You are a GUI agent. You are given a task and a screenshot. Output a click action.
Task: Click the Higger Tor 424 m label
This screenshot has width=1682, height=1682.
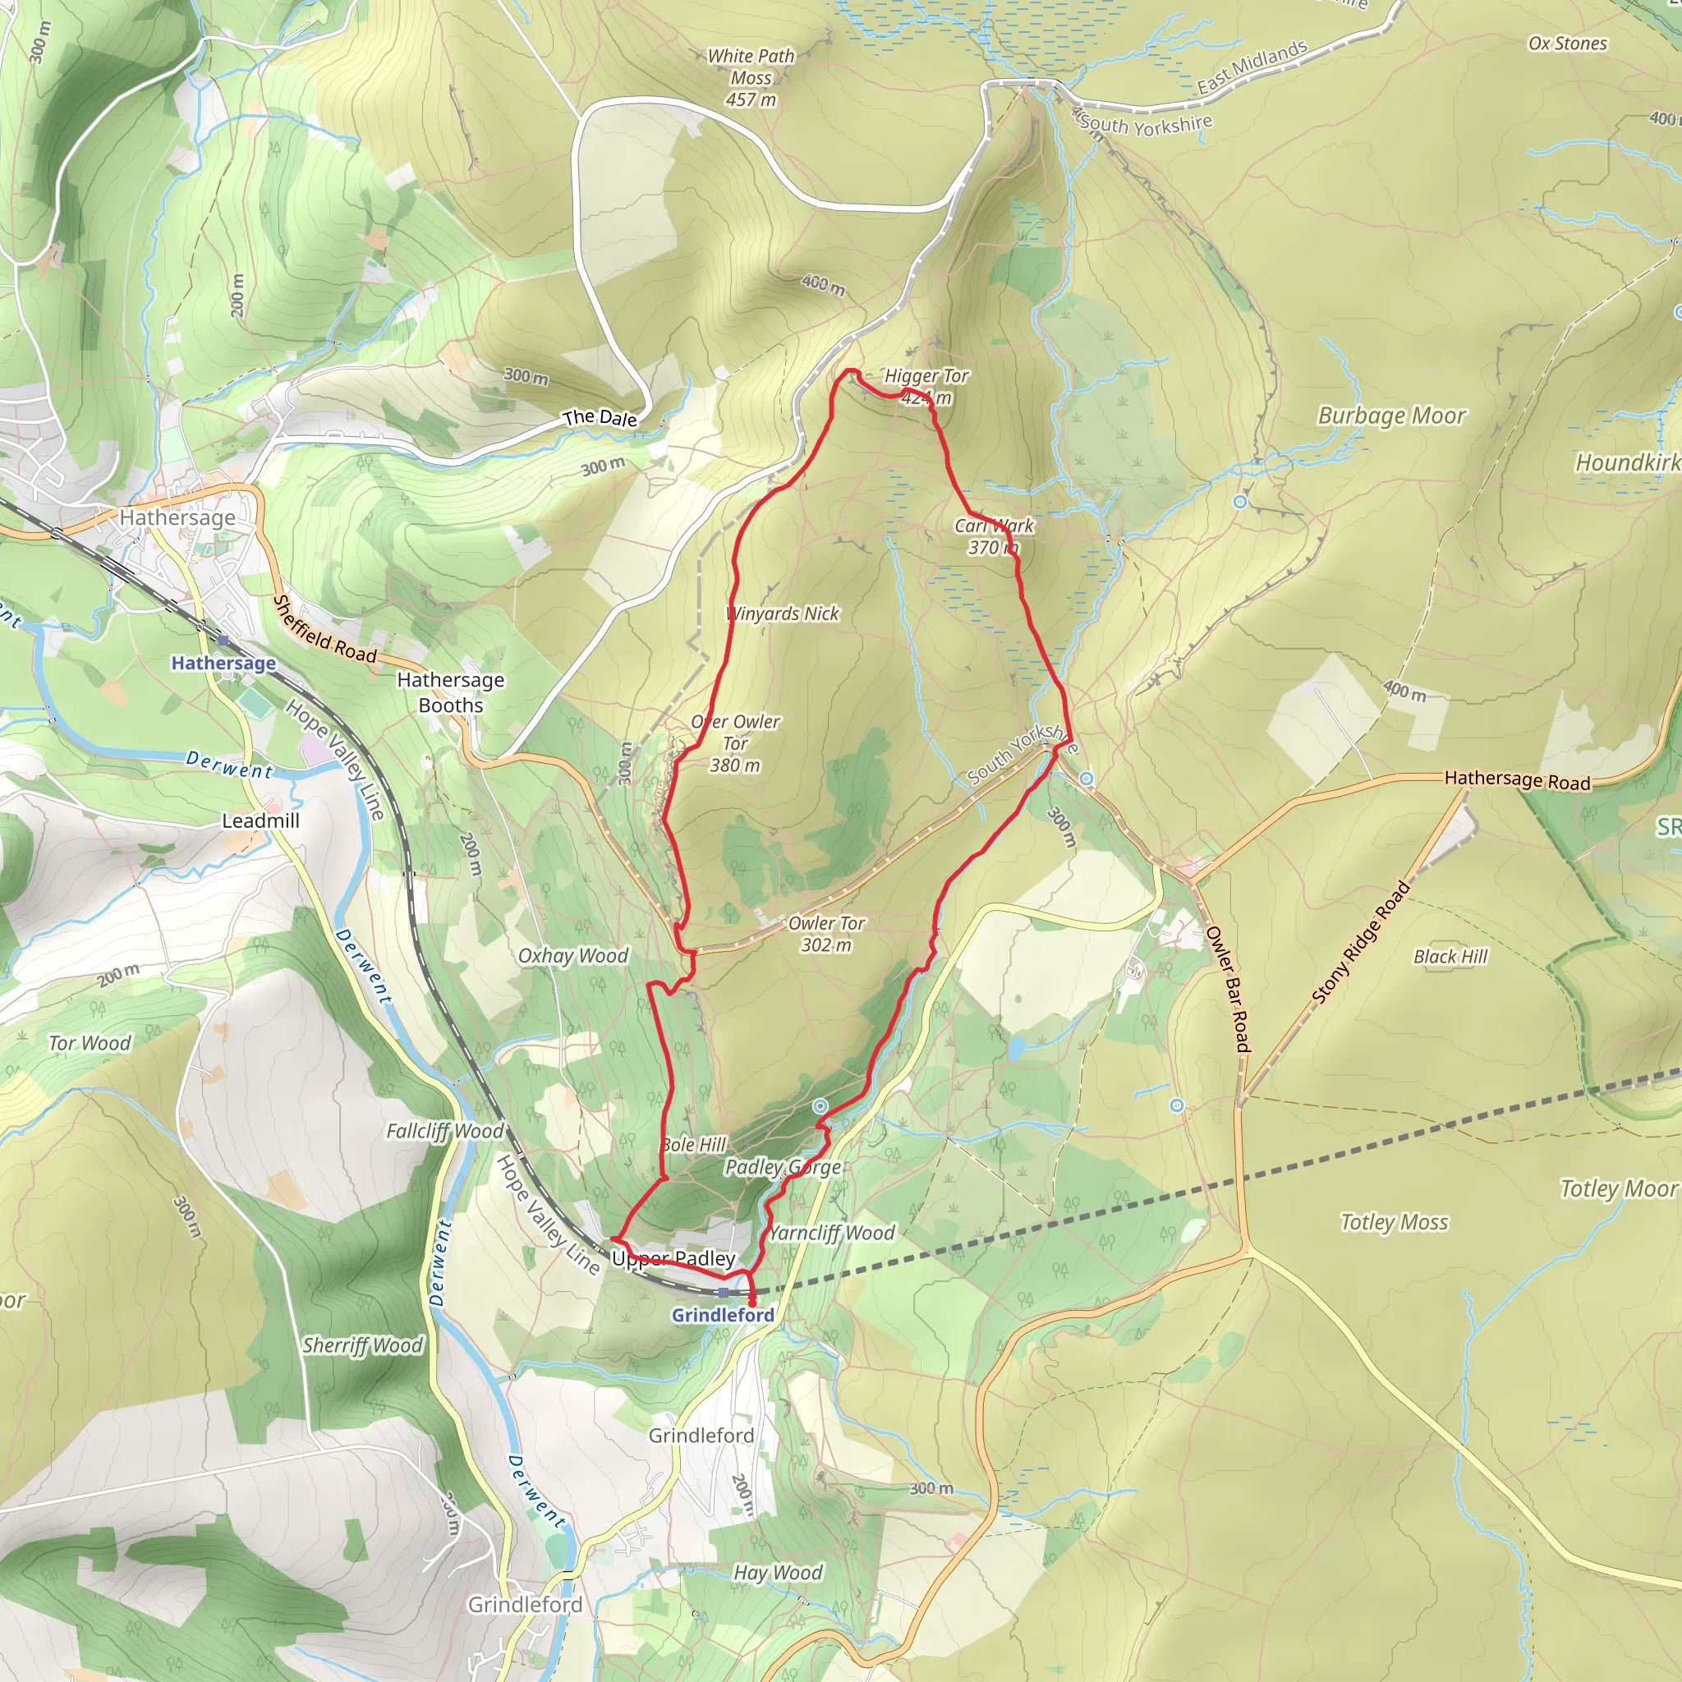(926, 387)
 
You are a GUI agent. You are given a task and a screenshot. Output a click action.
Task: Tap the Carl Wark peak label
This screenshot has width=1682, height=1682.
(994, 536)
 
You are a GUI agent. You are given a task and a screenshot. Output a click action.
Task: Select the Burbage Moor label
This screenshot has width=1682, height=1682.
(1391, 416)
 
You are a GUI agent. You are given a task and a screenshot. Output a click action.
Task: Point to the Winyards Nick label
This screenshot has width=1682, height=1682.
(783, 614)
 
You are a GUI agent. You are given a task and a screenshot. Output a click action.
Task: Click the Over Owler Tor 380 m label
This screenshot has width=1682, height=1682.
(736, 743)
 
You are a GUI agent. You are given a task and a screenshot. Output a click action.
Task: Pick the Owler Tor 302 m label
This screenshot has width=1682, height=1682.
(826, 933)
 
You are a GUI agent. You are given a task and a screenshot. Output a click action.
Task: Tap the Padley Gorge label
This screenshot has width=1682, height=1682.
(783, 1168)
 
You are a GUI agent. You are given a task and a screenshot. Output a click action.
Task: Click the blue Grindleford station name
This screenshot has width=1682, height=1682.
(722, 1316)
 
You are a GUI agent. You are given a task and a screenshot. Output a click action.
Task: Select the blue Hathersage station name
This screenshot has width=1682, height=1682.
(223, 664)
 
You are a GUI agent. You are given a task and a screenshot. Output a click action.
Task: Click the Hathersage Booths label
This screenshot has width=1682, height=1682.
(450, 692)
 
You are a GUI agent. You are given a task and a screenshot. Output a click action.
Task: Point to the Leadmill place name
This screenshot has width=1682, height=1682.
(260, 820)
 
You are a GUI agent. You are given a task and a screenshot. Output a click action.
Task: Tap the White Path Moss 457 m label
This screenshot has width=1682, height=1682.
(751, 77)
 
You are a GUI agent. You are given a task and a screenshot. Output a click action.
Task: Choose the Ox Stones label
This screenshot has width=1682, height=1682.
(1567, 44)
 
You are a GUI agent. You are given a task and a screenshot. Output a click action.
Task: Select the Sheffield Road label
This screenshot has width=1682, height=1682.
(324, 629)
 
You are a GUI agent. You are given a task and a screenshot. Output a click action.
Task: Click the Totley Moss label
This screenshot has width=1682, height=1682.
(1394, 1222)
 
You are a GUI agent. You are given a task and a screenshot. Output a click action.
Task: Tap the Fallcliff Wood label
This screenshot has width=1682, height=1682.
(445, 1131)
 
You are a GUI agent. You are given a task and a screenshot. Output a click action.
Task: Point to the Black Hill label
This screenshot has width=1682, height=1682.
(1450, 957)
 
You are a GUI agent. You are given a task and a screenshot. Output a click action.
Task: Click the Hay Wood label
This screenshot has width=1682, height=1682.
(778, 1572)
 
